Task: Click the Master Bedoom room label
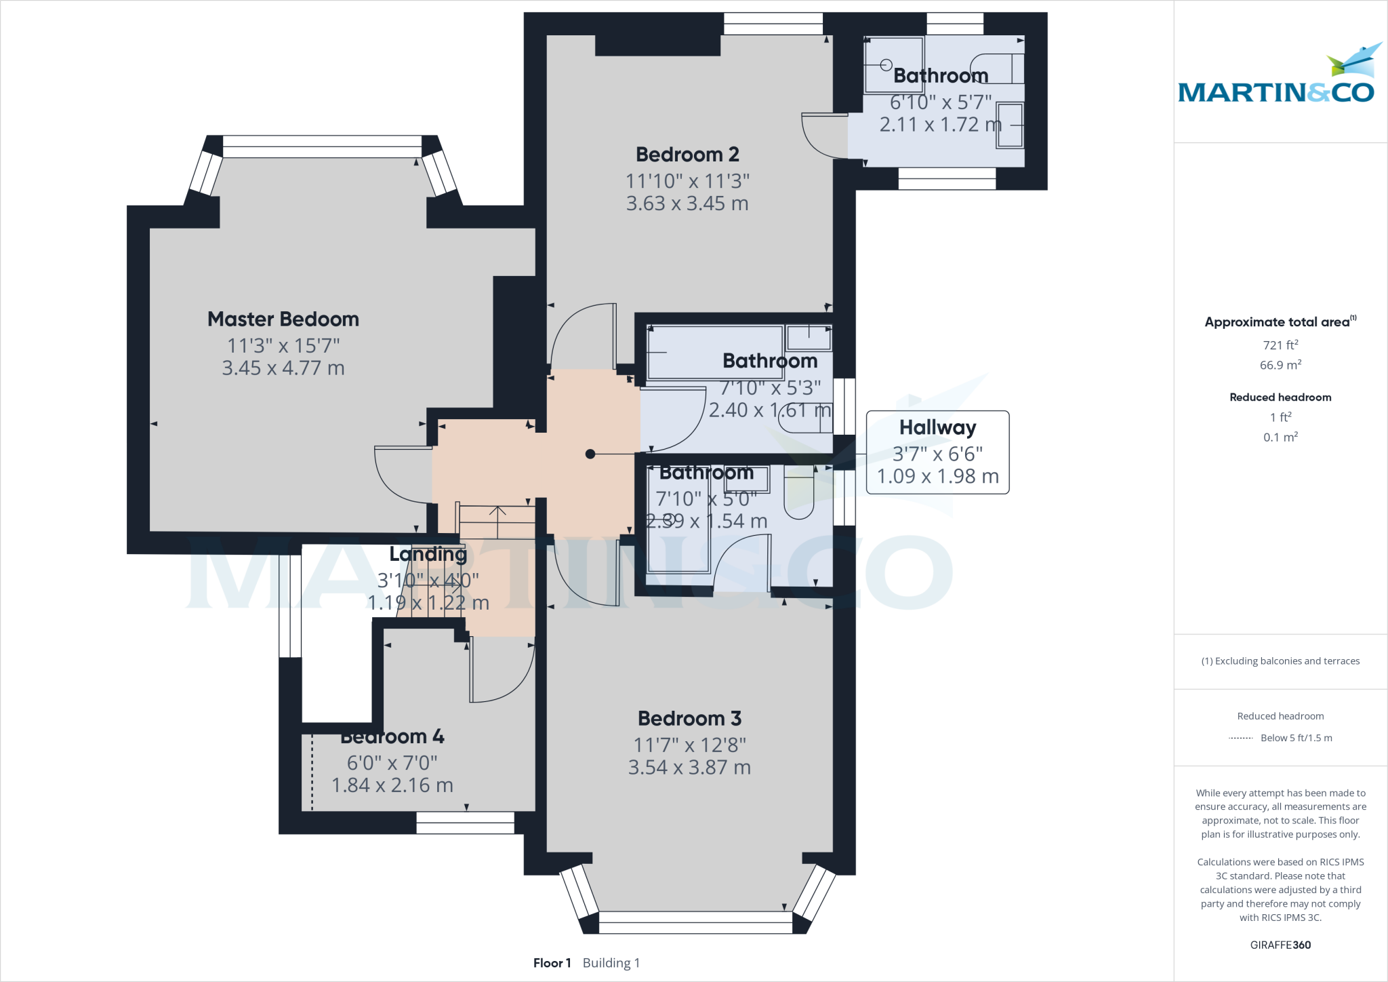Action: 283,319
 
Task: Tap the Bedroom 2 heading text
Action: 687,155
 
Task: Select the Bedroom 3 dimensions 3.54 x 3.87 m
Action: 689,768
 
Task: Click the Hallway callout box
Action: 937,452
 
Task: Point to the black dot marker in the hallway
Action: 590,454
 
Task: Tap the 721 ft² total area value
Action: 1280,345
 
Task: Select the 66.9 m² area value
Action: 1280,365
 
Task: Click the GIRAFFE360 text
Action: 1280,945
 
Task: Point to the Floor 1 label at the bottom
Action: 552,963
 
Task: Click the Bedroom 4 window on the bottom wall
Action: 465,823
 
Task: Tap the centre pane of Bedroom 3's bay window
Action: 695,922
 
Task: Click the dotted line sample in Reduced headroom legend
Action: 1240,739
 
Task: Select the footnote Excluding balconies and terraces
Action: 1280,661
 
